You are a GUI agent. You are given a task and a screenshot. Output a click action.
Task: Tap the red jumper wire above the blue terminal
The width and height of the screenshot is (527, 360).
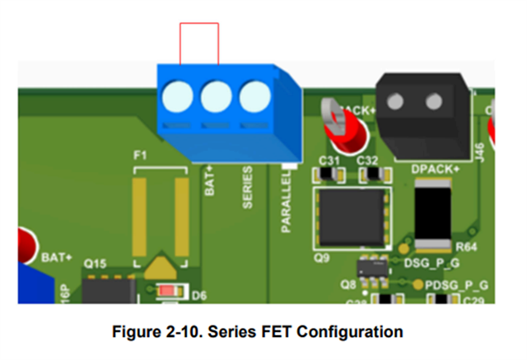[x=200, y=25]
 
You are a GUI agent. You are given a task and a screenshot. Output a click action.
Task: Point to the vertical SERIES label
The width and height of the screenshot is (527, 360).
[x=247, y=189]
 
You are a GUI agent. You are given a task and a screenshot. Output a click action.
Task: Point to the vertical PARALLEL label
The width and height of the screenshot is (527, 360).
[x=287, y=202]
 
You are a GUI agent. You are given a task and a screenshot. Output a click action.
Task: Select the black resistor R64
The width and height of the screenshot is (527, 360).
[x=433, y=213]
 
